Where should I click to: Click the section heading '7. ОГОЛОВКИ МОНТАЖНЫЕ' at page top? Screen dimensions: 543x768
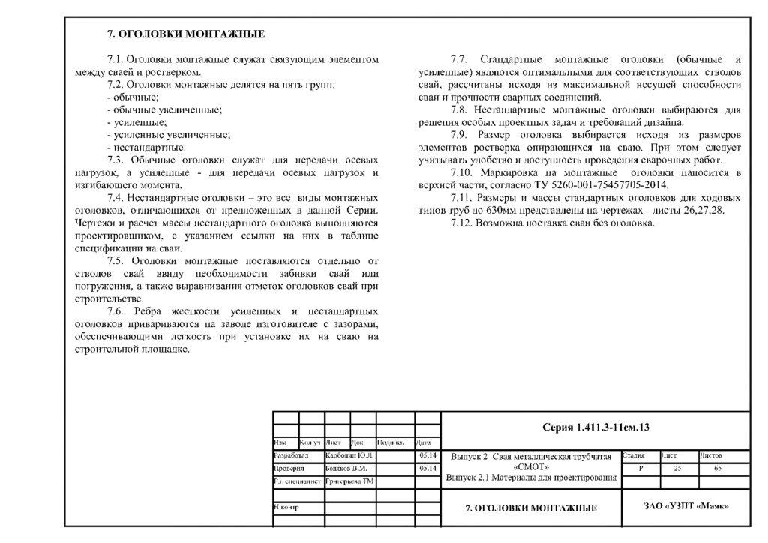(x=185, y=34)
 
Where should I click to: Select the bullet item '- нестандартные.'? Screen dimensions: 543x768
(x=146, y=148)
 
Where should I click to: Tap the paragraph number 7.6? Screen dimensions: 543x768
(x=118, y=311)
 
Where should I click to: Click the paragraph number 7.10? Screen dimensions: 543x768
(x=463, y=173)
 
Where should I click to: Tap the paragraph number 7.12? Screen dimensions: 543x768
(x=463, y=223)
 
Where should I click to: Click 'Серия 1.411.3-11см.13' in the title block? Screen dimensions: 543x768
(x=595, y=427)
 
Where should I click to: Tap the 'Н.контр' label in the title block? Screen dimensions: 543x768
(x=286, y=508)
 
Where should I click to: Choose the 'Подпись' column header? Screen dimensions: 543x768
(x=391, y=442)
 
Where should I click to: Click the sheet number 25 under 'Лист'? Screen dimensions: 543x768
(x=678, y=468)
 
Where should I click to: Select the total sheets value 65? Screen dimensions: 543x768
(x=718, y=468)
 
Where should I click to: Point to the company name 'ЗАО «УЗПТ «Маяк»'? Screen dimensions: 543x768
(x=685, y=506)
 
